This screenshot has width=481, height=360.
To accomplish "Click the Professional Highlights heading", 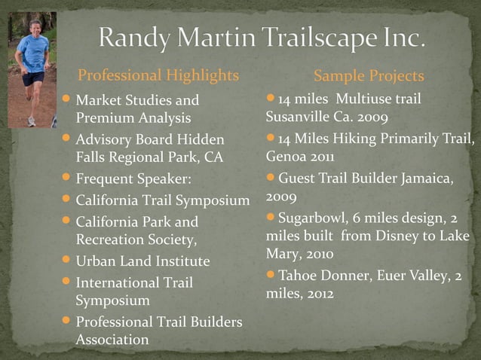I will pos(158,75).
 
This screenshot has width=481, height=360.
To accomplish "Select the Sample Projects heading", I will pos(369,76).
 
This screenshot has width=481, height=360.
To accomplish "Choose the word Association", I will pos(112,340).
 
